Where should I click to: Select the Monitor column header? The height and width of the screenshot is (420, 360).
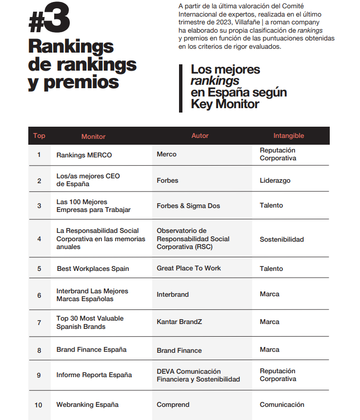tap(93, 136)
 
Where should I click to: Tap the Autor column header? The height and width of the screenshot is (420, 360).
tap(200, 136)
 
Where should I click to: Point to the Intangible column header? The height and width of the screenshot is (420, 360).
tap(288, 136)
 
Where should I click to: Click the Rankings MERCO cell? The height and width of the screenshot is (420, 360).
tap(84, 155)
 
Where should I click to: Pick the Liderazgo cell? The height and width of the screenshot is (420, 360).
tap(275, 180)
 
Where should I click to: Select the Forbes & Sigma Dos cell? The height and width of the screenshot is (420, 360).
tap(188, 206)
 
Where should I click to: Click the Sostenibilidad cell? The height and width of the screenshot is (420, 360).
tap(281, 239)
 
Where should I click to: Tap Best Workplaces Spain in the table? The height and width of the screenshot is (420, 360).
tap(93, 268)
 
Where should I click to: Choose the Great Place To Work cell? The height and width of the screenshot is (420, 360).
tap(189, 268)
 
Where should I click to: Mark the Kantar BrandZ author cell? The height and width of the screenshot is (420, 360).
tap(180, 322)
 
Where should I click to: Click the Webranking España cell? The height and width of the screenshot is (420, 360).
tap(87, 404)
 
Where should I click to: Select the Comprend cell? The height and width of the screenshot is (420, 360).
tap(173, 404)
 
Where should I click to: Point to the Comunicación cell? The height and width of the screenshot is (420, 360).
tap(281, 404)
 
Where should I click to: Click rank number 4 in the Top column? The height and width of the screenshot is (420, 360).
tap(39, 239)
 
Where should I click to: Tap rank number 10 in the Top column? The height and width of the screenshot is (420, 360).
tap(39, 405)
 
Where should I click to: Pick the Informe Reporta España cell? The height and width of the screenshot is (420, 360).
tap(94, 375)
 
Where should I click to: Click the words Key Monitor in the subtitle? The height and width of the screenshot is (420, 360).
tap(225, 104)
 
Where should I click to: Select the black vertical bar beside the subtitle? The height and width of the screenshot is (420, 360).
tap(181, 88)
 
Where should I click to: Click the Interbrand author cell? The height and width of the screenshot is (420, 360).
tap(173, 294)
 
